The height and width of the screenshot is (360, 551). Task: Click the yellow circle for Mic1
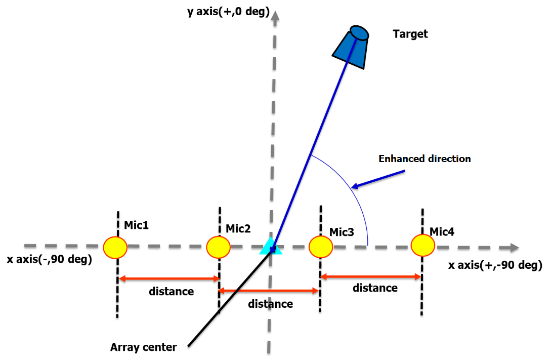click(115, 247)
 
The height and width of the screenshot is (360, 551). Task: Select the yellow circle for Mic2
click(219, 247)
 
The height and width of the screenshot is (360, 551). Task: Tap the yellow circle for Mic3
click(321, 247)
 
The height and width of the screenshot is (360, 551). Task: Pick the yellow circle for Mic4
click(423, 245)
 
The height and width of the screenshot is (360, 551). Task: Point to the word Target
click(410, 34)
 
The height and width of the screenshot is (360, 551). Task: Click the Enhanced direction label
click(425, 159)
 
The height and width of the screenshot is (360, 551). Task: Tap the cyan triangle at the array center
click(271, 246)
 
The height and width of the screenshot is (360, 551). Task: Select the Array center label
click(144, 347)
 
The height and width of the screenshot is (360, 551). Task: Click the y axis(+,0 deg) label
click(228, 11)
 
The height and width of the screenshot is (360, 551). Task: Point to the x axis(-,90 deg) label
click(49, 260)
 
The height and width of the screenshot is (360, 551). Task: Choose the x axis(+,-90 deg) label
click(495, 265)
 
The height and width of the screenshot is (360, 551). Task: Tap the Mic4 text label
click(442, 232)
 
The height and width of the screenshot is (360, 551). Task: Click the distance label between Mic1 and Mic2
click(172, 292)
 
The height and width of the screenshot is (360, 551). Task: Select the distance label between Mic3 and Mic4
click(375, 288)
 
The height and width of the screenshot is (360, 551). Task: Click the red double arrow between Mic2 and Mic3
click(269, 291)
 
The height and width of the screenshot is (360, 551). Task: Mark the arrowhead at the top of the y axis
click(275, 19)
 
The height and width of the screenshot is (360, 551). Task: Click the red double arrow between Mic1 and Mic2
click(168, 278)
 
